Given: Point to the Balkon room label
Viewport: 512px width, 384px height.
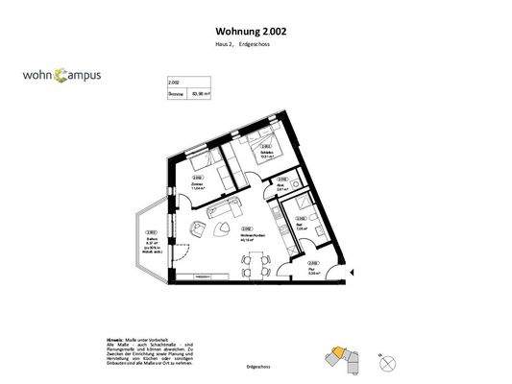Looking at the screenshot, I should point(151,242).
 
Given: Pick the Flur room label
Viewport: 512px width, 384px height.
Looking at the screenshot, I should point(313,271).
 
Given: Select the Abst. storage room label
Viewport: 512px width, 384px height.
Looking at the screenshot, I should point(281,187).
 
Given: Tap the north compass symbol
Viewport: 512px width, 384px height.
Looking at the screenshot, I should point(384,361).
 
